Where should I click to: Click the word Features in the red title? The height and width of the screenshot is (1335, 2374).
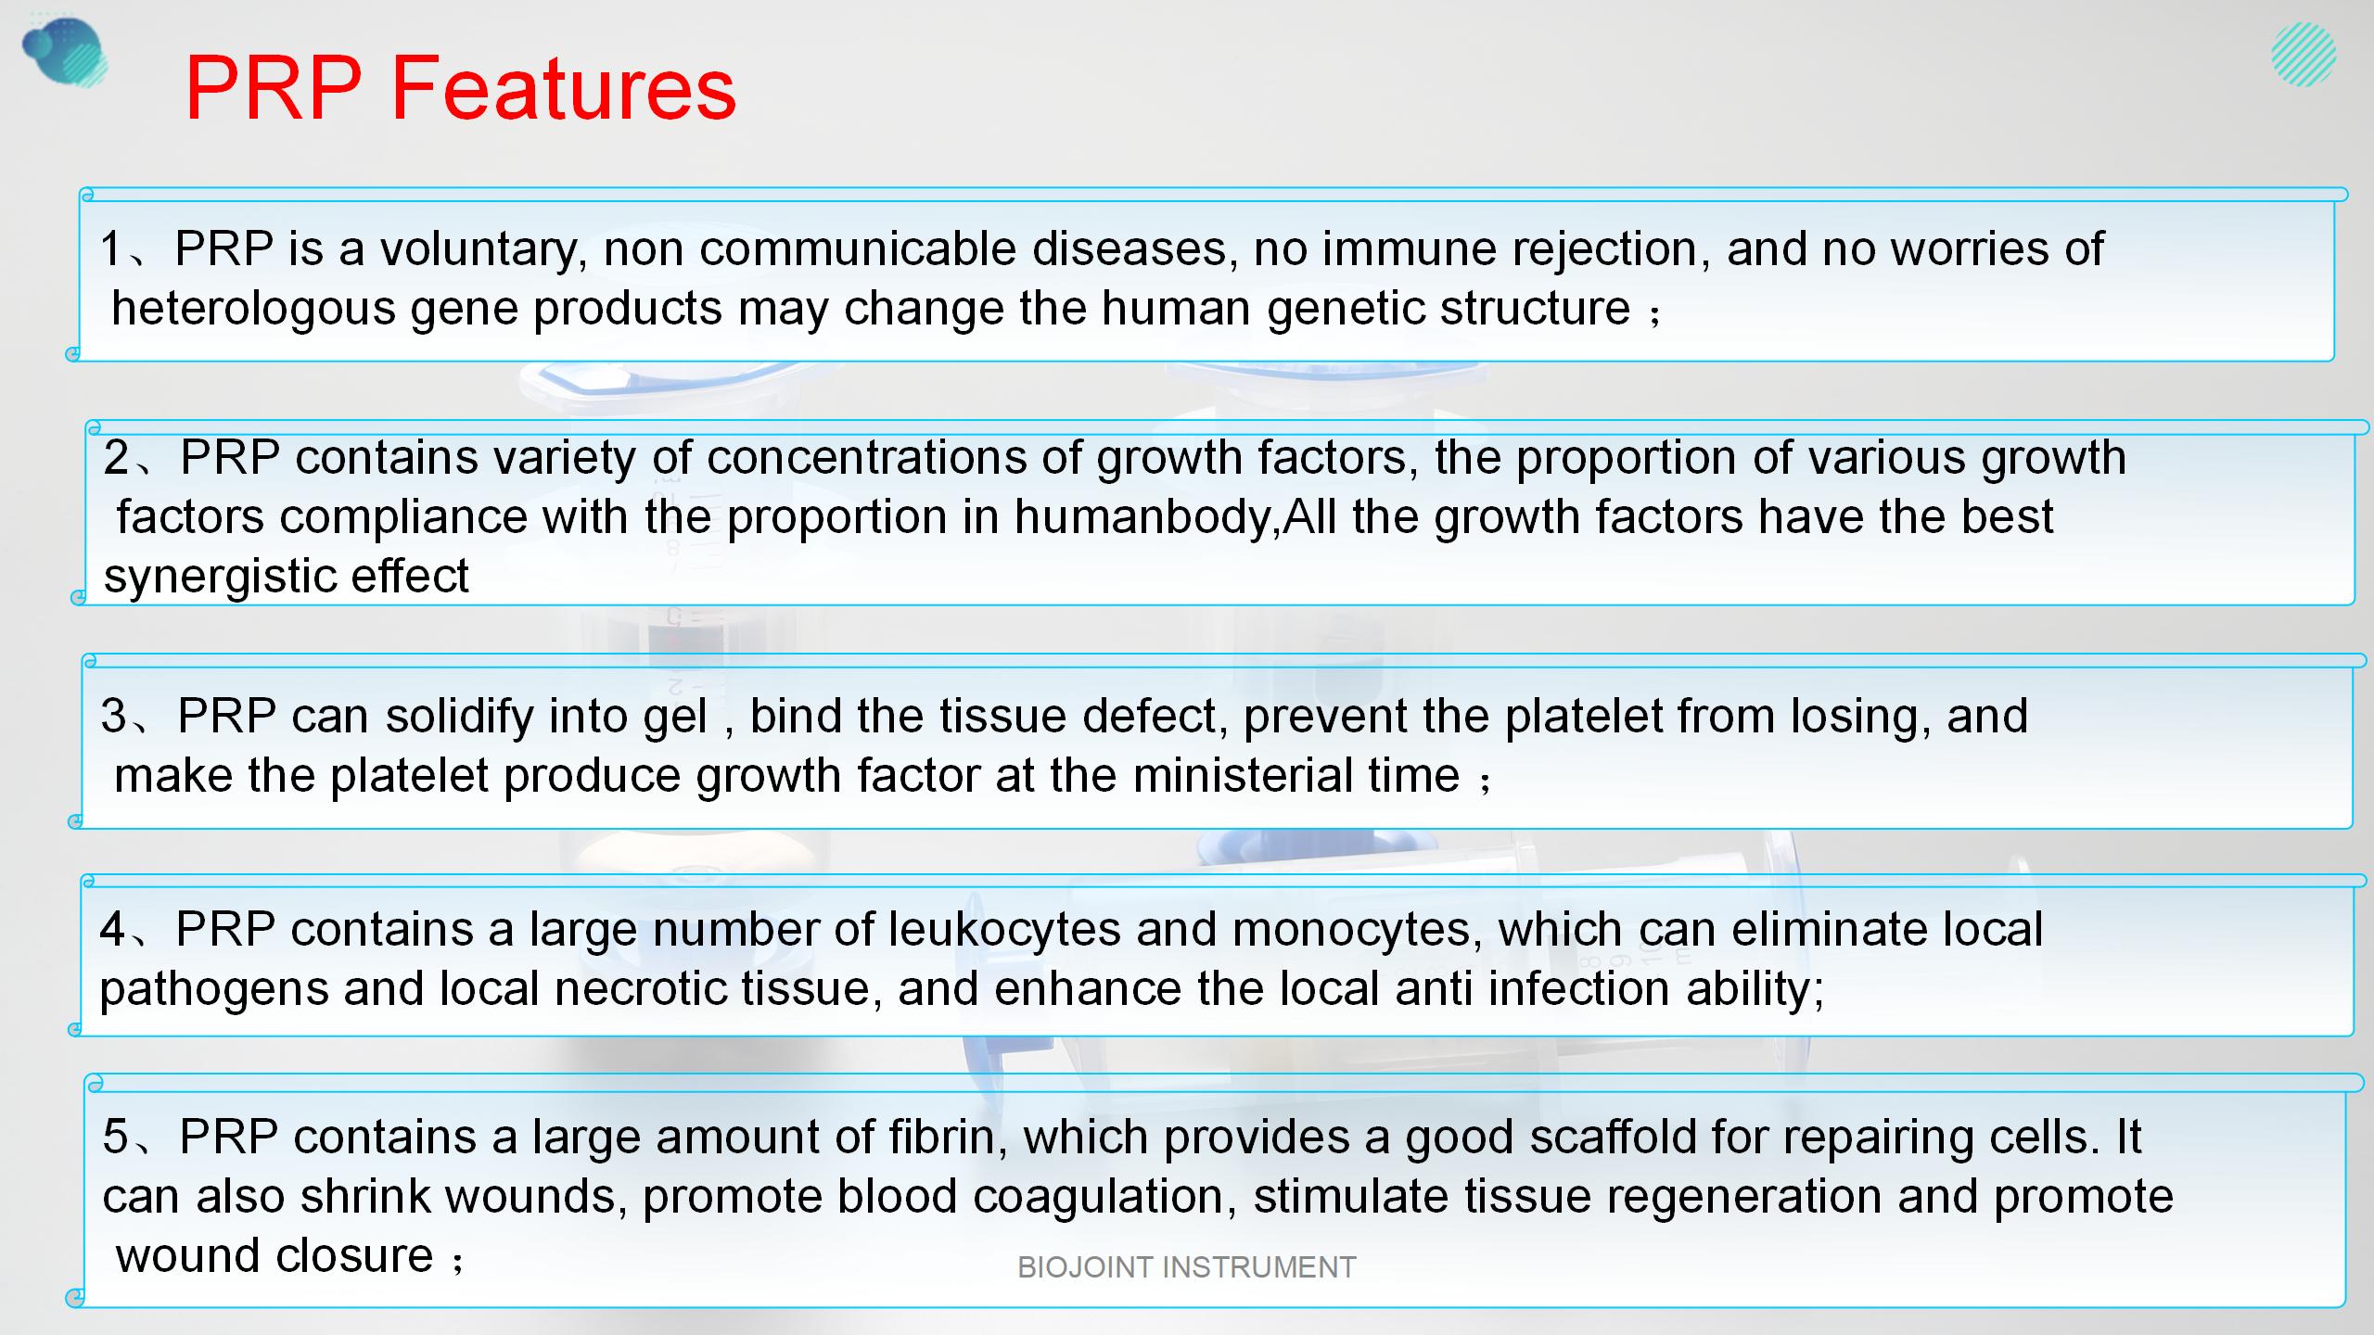(x=563, y=88)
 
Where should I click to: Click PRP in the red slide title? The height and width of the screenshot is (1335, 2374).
(x=274, y=88)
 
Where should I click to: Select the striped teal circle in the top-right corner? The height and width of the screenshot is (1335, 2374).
(x=2304, y=55)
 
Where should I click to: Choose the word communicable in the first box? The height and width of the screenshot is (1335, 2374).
(x=858, y=248)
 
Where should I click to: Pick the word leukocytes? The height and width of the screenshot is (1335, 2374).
(x=1004, y=930)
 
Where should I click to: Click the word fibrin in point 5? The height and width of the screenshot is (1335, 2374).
(x=948, y=1138)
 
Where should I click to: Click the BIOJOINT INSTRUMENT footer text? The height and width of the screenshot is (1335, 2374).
(x=1187, y=1267)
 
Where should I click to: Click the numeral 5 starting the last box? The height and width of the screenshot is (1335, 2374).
(x=115, y=1138)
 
